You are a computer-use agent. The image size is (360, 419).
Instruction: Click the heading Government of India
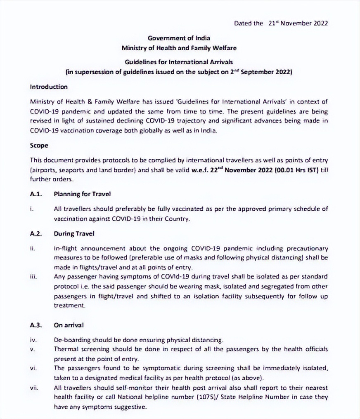179,38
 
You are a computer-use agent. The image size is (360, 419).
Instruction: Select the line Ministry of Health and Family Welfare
179,48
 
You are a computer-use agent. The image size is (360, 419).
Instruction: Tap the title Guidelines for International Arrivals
179,62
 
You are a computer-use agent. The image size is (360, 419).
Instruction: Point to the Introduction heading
49,87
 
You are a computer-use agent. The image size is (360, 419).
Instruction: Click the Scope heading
39,146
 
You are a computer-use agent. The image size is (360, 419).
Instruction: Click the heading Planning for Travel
82,194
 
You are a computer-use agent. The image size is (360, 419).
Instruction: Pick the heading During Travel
74,234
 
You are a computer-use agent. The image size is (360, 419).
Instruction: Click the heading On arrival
69,325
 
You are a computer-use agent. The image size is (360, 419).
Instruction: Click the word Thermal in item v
65,349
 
